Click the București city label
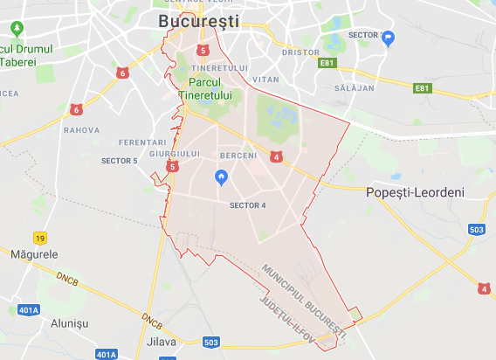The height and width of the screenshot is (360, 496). (x=199, y=21)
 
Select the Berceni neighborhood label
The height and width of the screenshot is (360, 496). (x=238, y=156)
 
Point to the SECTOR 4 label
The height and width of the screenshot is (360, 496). (x=247, y=206)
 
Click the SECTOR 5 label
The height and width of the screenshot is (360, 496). (x=120, y=161)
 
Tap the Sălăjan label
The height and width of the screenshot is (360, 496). (x=353, y=88)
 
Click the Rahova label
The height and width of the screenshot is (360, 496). (x=81, y=130)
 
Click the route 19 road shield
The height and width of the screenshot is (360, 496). (x=40, y=238)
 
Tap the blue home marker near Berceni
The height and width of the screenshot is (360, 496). (x=222, y=177)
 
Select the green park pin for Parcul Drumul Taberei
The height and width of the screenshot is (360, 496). (x=16, y=29)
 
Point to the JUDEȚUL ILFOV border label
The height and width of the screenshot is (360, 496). (x=296, y=319)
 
